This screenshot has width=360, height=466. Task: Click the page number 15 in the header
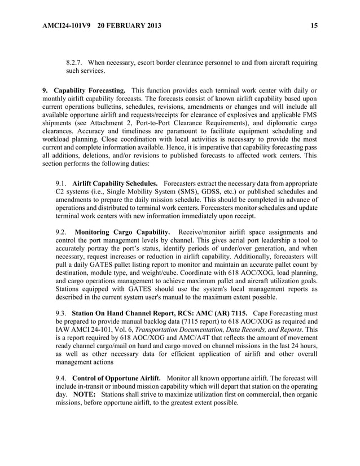pos(314,25)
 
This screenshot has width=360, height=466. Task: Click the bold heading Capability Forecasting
pos(89,90)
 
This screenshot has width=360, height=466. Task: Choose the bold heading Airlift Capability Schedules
pos(115,184)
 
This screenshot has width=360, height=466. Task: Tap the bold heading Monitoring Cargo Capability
pos(122,232)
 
